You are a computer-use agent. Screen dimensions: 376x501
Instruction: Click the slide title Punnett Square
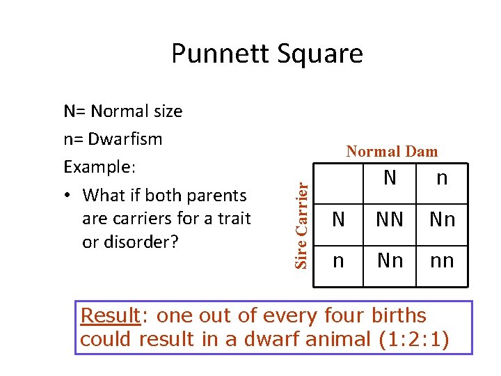(x=267, y=54)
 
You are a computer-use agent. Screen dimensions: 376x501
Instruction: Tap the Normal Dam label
(x=392, y=151)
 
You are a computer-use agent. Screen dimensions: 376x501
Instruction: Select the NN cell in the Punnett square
(x=389, y=220)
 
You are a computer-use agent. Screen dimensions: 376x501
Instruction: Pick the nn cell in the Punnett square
(x=442, y=261)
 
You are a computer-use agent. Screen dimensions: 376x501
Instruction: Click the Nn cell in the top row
(x=442, y=220)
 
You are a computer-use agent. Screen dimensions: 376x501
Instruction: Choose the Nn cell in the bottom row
(x=389, y=261)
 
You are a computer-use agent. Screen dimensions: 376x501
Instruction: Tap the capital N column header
(x=390, y=178)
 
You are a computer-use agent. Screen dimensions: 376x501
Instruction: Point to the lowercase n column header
(x=442, y=178)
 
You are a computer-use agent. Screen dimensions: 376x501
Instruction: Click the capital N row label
(x=338, y=220)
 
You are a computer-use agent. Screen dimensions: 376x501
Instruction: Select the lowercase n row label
(x=338, y=261)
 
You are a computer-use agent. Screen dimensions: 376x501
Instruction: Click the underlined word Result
(x=110, y=315)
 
